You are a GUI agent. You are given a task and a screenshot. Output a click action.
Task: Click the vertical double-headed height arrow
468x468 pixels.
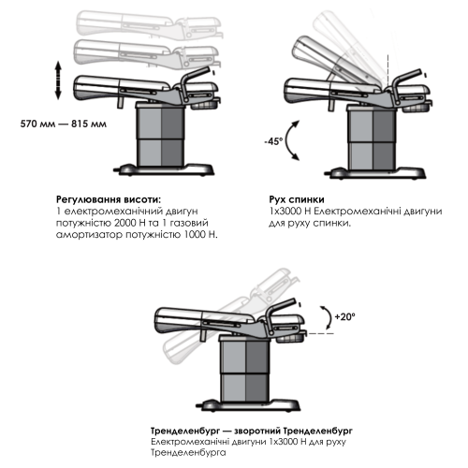click(58, 80)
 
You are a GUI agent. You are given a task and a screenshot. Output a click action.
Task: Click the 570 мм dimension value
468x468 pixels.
click(37, 124)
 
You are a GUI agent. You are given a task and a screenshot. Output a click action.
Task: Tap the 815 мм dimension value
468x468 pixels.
click(89, 124)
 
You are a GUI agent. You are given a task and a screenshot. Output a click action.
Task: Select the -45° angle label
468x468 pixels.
click(273, 141)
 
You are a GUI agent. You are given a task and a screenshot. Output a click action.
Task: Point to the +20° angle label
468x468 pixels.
click(344, 316)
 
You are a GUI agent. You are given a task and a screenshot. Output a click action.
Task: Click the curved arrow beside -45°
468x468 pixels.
click(287, 140)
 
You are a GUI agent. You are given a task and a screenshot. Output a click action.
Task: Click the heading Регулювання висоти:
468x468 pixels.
click(110, 199)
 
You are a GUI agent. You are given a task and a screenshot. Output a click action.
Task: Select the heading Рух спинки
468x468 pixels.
click(297, 199)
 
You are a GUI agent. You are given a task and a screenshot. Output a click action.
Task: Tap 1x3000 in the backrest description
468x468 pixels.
click(285, 212)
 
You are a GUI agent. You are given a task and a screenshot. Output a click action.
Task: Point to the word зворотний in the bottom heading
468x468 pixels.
click(257, 431)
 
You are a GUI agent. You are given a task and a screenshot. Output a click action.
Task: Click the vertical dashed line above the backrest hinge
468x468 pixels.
click(388, 71)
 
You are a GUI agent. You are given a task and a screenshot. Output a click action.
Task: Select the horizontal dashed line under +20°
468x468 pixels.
click(320, 333)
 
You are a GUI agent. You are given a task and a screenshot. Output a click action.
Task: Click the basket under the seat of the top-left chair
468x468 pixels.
click(205, 104)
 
